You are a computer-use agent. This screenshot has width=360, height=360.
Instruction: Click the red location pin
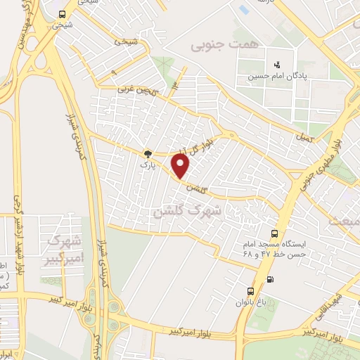tap(181, 166)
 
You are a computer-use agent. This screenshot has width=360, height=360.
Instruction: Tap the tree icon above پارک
tap(148, 154)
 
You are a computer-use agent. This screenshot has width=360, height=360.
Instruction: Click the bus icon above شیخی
tap(62, 15)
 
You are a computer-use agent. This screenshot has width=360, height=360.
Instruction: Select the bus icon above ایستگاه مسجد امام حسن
tap(274, 234)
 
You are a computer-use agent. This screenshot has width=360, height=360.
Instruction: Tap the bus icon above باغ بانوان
tap(250, 291)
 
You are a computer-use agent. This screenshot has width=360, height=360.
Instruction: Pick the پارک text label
tap(147, 165)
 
